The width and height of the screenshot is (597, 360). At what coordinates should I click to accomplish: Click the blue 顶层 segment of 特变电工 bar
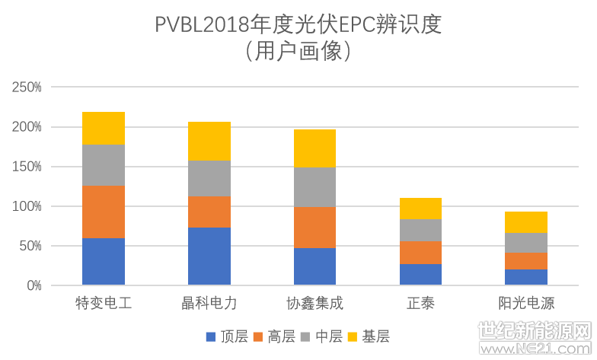[104, 262]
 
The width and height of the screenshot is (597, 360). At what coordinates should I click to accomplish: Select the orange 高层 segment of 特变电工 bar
[104, 212]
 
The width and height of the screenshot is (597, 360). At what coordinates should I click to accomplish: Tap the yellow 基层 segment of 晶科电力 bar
[209, 141]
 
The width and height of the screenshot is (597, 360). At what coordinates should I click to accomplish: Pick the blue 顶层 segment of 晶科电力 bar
[209, 256]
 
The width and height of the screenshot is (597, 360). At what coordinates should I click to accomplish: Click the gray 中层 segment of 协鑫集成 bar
[314, 186]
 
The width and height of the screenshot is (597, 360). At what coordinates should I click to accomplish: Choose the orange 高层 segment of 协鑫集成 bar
[314, 227]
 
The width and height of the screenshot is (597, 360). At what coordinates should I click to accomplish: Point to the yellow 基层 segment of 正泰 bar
[420, 208]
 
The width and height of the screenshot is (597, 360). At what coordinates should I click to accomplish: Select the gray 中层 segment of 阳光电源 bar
[526, 242]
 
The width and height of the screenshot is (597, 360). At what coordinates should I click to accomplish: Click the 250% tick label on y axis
[27, 88]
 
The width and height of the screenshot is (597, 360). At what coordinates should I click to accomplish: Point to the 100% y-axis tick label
[27, 206]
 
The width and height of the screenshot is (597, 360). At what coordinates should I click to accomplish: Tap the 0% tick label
[33, 285]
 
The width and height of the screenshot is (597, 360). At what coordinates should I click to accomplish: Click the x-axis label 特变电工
[104, 303]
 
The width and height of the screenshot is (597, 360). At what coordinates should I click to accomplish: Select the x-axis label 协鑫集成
[314, 303]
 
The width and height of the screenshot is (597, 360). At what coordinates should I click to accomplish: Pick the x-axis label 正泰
[420, 303]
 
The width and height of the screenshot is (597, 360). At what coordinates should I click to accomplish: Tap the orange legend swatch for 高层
[257, 336]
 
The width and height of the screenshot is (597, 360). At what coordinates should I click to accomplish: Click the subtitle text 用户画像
[298, 51]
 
